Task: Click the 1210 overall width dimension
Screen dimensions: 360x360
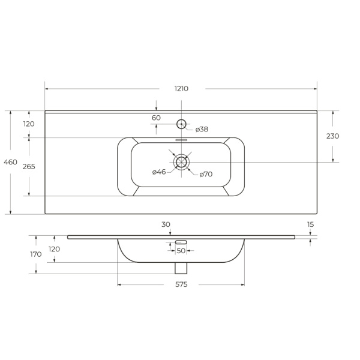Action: tap(181, 89)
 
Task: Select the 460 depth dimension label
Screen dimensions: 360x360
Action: tap(11, 162)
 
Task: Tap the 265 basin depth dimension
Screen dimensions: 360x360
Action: tap(29, 166)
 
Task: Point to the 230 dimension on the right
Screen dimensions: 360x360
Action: tap(332, 136)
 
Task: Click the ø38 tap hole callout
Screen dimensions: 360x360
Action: tap(202, 130)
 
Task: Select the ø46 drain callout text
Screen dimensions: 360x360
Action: tap(159, 172)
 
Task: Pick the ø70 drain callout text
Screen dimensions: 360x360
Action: tap(206, 174)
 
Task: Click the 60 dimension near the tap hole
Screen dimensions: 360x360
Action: tap(156, 118)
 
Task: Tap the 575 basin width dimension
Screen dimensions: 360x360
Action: tap(181, 284)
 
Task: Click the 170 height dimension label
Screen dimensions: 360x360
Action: tap(36, 254)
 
